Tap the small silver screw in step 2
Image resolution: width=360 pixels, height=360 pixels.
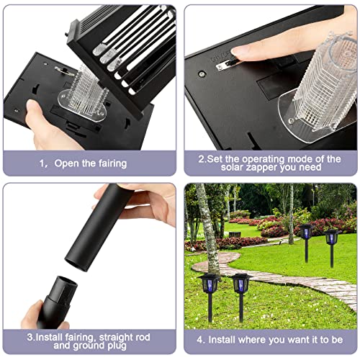pyautogui.click(x=202, y=73)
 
